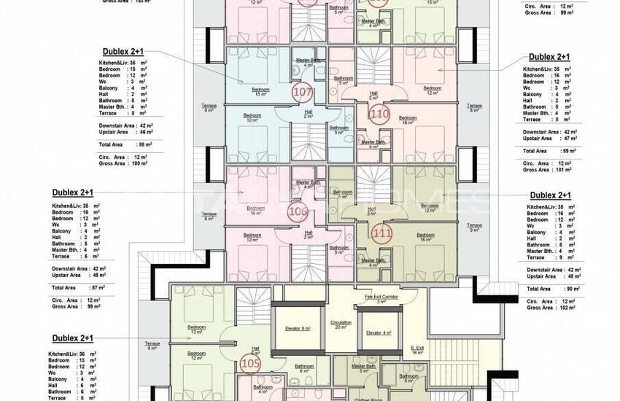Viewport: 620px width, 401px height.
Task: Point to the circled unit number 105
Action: (250, 362)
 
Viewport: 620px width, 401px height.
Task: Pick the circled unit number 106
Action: (298, 211)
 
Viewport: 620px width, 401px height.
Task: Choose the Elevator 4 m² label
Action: (379, 332)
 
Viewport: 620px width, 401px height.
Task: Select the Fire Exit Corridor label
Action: (380, 297)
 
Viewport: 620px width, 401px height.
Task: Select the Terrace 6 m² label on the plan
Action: (209, 217)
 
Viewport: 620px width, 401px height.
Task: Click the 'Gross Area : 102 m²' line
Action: (551, 308)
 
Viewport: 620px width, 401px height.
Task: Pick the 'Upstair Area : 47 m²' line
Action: (550, 137)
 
